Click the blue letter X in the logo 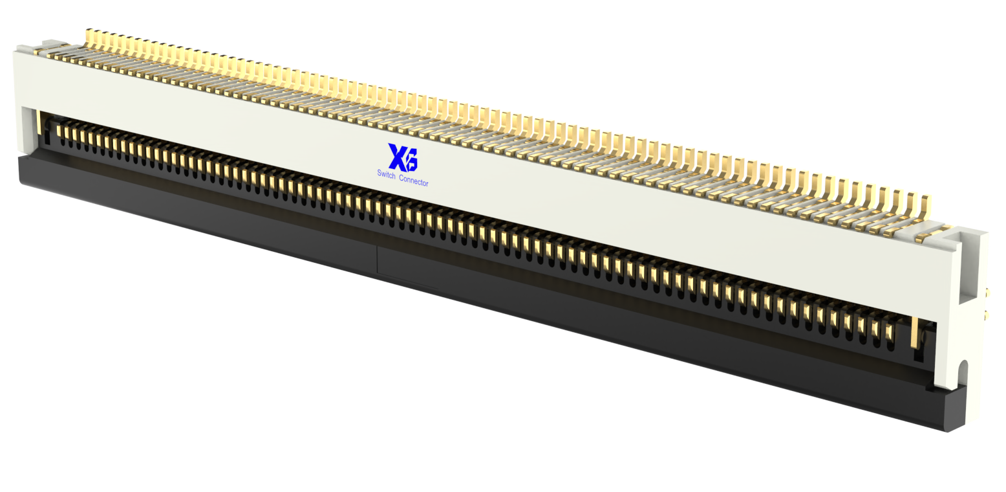[x=396, y=156]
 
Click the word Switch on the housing [x=386, y=174]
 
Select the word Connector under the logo [x=414, y=181]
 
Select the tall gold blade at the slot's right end [x=914, y=332]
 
